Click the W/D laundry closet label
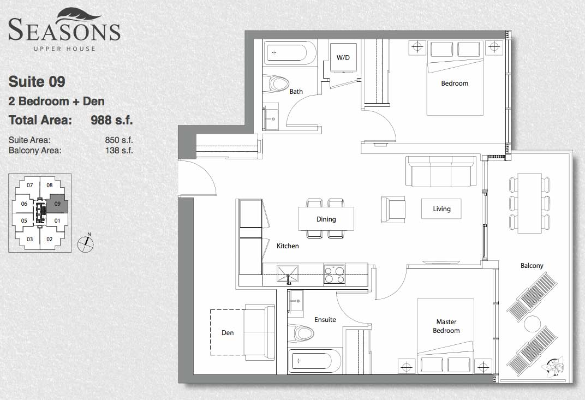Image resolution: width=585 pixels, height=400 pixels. click(x=343, y=57)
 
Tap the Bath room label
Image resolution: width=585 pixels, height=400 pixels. click(x=296, y=92)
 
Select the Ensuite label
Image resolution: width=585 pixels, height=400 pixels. click(x=325, y=319)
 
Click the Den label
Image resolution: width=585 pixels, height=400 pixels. click(x=228, y=332)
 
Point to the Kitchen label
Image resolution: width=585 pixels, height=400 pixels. click(x=288, y=246)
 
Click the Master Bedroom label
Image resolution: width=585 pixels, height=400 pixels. click(x=446, y=326)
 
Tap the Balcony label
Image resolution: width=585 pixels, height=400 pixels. click(x=532, y=266)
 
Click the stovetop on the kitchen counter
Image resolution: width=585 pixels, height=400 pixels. click(x=335, y=274)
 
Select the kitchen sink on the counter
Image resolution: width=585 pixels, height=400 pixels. click(x=288, y=274)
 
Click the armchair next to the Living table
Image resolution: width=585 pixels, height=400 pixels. click(x=393, y=210)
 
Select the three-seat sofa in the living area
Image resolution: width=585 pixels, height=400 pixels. click(x=441, y=172)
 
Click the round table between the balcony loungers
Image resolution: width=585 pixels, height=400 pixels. click(x=533, y=324)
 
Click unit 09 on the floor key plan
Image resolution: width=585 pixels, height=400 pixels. click(x=57, y=204)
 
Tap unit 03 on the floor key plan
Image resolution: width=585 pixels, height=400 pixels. click(x=30, y=239)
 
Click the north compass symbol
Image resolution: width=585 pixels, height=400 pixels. click(x=86, y=243)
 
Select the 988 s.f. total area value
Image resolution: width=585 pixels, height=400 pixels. click(x=112, y=120)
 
